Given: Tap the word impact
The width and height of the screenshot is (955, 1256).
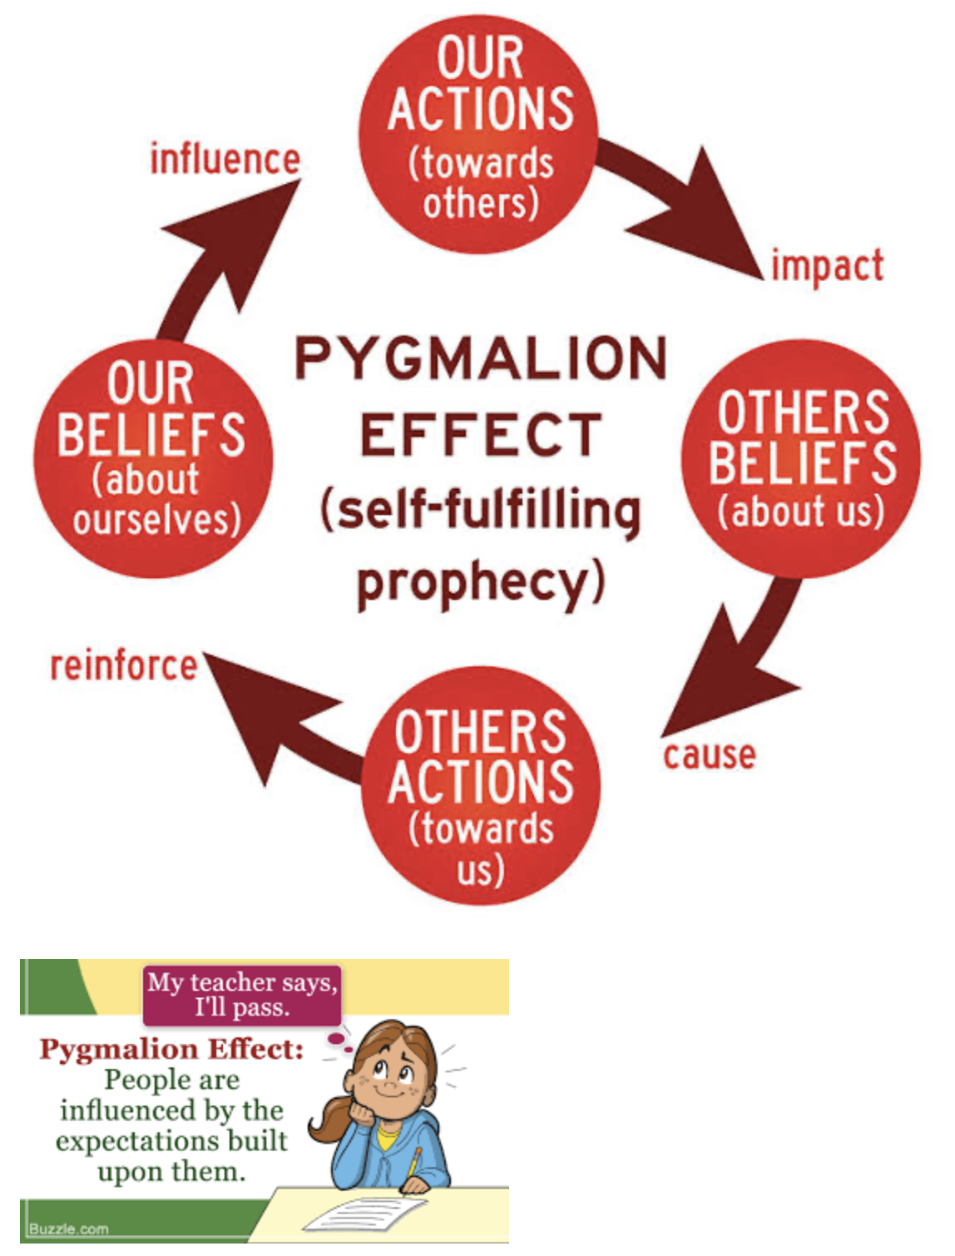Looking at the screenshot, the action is (x=828, y=266).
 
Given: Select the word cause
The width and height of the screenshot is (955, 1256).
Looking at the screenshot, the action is (x=710, y=755).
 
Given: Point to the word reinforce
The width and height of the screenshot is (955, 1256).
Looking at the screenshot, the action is (x=124, y=666).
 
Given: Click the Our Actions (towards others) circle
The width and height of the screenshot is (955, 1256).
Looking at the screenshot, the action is (x=478, y=134).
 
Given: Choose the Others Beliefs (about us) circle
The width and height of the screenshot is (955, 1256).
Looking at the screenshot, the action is (x=801, y=459).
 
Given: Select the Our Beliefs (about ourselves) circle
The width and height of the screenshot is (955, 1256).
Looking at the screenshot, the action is (x=153, y=459).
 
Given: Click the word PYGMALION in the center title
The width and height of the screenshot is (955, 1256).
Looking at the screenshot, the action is (x=481, y=359).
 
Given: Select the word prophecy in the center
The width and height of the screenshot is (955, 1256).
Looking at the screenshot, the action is (x=481, y=584).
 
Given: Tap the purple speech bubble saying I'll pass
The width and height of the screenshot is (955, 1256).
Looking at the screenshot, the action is (x=241, y=995).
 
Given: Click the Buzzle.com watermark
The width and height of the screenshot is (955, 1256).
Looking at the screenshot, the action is (x=68, y=1229).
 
